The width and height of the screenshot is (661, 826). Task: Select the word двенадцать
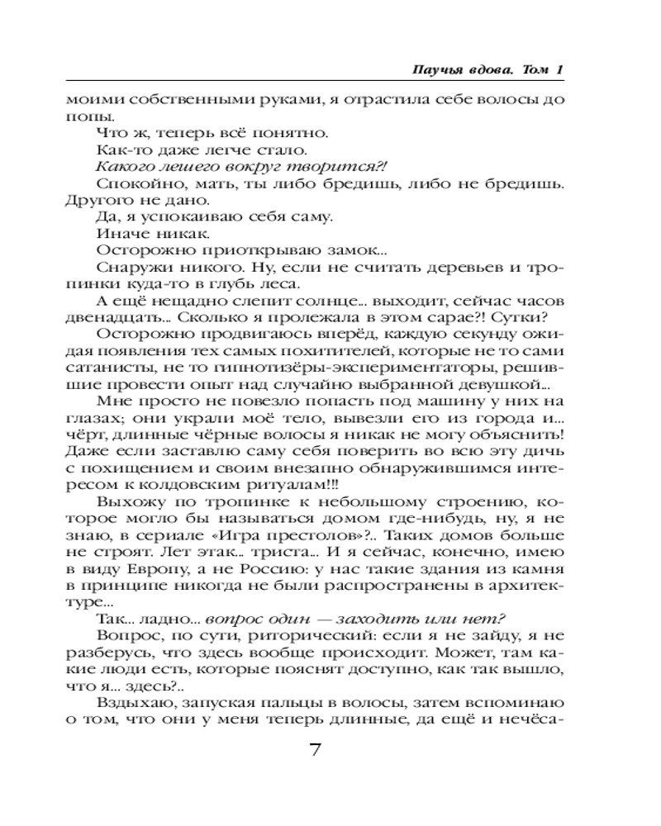(102, 320)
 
